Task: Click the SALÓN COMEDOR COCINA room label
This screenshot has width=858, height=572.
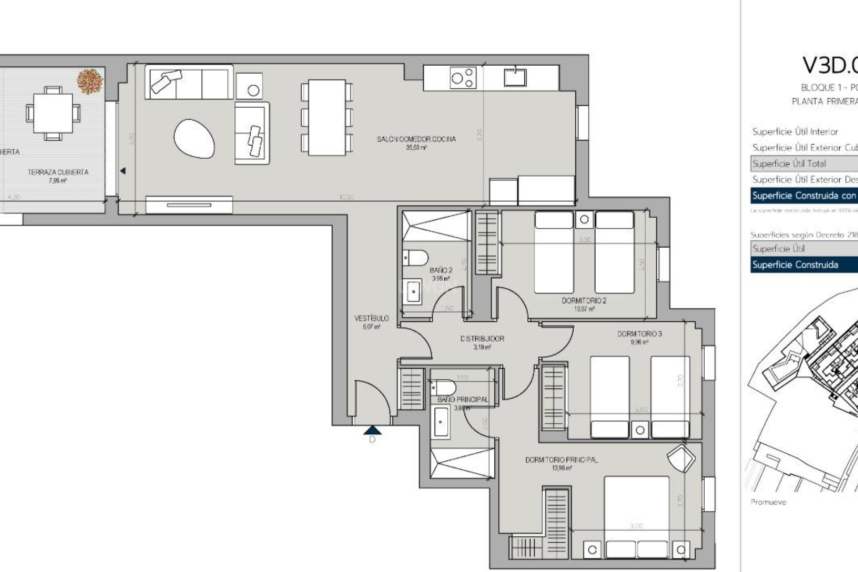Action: click(x=416, y=139)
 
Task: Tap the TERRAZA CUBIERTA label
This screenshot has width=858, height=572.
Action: click(x=58, y=172)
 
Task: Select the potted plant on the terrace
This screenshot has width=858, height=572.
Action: click(x=90, y=81)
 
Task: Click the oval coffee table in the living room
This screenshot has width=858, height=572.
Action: click(x=194, y=139)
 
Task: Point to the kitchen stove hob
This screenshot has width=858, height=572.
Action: click(x=463, y=78)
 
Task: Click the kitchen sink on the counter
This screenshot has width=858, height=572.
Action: click(x=515, y=77)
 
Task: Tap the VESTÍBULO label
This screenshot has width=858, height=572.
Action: click(x=371, y=319)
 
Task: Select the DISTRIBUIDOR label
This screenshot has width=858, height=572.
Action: click(x=482, y=339)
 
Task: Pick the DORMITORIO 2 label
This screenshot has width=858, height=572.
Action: click(x=584, y=301)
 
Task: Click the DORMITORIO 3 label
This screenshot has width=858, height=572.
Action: click(x=639, y=334)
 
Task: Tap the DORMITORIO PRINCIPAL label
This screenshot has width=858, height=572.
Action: click(x=561, y=460)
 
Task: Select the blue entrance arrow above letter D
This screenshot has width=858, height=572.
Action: click(x=372, y=430)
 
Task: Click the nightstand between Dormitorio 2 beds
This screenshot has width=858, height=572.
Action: click(x=584, y=219)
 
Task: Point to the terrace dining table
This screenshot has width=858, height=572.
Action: click(x=53, y=113)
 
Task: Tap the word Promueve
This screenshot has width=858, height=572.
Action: click(x=768, y=502)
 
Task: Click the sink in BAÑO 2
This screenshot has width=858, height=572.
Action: click(x=413, y=291)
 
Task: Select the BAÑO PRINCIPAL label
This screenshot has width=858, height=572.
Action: click(x=463, y=400)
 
